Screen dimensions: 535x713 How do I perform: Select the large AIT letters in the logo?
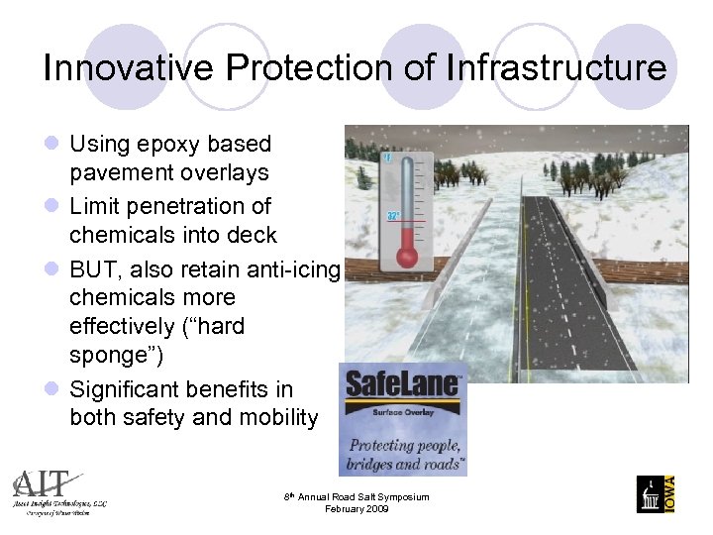point(43,483)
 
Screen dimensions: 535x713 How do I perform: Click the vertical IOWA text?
point(669,492)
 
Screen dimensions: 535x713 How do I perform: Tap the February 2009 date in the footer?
point(357,509)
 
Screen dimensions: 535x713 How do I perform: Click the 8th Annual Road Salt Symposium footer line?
point(357,496)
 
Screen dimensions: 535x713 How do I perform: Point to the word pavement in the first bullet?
point(119,173)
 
